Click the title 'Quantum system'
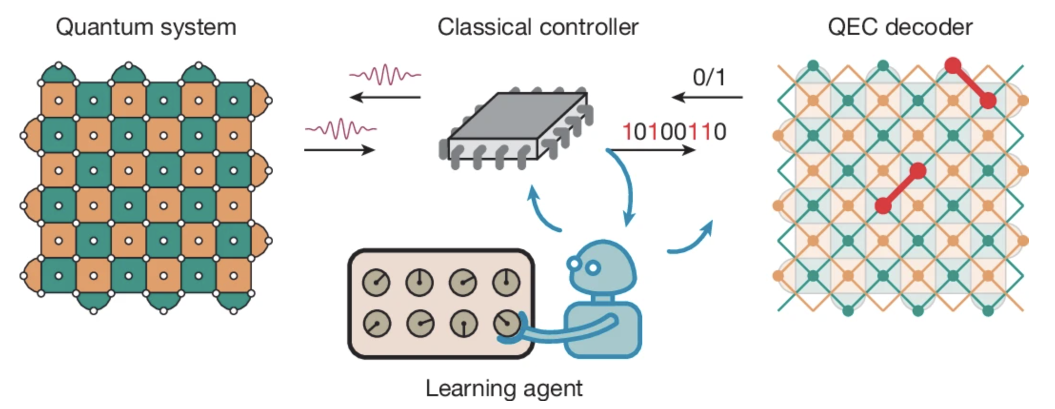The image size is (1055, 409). pos(146,27)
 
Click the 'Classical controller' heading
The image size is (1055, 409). pos(538,27)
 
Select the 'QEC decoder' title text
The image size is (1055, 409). pos(900,27)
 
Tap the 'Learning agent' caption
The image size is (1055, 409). pos(504,389)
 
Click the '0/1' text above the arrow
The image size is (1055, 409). pos(709,77)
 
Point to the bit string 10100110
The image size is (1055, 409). pos(674,132)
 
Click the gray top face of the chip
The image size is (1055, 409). pos(518,116)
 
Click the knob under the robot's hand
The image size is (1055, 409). pos(507,323)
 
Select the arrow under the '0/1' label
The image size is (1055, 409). pos(707,98)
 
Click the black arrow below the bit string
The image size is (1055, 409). pos(653,151)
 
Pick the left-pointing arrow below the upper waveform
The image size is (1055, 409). pos(385,98)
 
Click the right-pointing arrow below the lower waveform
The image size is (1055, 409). pos(340,151)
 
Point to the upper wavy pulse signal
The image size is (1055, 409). pos(385,75)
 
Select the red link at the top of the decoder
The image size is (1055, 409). pos(970,83)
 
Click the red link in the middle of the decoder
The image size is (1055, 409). pos(900,188)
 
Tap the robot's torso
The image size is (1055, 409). pos(603,329)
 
